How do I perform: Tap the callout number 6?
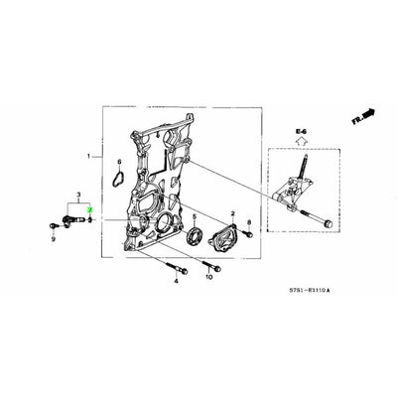(119, 161)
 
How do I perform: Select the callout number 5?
(195, 216)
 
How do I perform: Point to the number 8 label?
(249, 223)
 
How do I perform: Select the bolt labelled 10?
(208, 266)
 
